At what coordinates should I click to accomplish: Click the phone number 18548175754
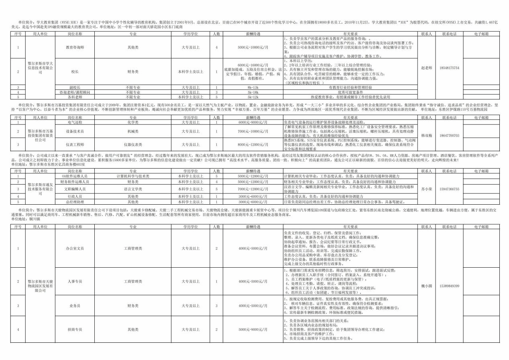click(449, 68)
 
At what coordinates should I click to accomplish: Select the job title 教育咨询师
click(75, 47)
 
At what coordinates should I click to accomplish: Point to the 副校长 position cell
click(75, 87)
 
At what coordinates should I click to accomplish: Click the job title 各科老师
click(75, 97)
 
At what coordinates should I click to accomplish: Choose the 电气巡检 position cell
click(75, 122)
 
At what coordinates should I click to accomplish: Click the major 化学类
click(133, 122)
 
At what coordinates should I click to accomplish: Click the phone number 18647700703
click(449, 136)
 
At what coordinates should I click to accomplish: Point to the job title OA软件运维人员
click(75, 176)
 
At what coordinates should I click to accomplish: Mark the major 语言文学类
click(133, 189)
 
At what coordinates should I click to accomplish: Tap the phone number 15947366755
click(449, 189)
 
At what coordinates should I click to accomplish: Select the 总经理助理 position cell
click(75, 202)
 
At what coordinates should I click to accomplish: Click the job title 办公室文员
click(75, 248)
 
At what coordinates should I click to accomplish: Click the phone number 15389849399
click(449, 286)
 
